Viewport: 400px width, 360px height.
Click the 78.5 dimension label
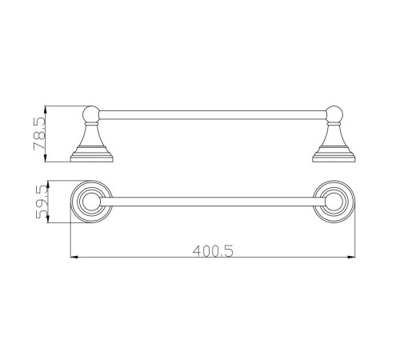40,134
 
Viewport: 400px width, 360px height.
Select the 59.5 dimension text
42,202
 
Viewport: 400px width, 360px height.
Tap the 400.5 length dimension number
213,251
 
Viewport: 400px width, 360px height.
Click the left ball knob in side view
91,114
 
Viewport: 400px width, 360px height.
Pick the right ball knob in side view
334,114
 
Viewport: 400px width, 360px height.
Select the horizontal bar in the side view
213,115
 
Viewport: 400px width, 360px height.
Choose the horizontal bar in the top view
213,202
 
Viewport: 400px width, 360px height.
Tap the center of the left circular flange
91,202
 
